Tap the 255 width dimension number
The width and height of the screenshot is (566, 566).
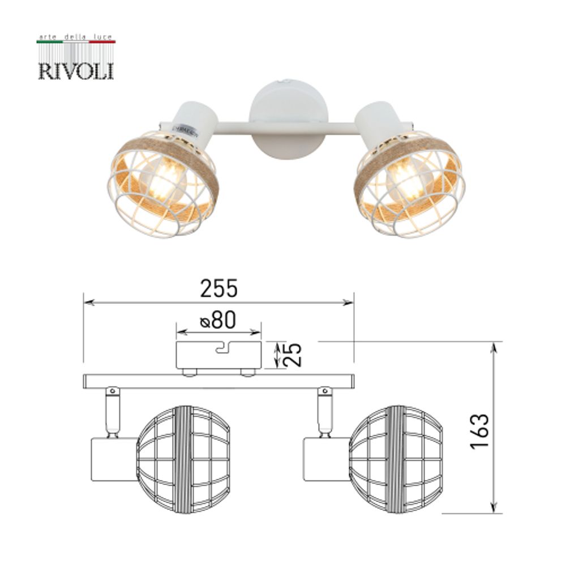pos(219,289)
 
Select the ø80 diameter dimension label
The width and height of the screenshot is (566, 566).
pos(218,321)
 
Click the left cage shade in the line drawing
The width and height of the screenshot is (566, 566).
pos(184,458)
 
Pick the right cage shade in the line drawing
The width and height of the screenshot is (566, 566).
pos(396,458)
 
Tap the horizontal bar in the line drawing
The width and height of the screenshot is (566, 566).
pos(218,381)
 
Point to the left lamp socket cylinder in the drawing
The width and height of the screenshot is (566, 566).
pos(113,458)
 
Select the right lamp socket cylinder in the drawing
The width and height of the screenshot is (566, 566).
pos(326,458)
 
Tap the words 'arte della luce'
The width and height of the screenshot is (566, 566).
pos(76,36)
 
